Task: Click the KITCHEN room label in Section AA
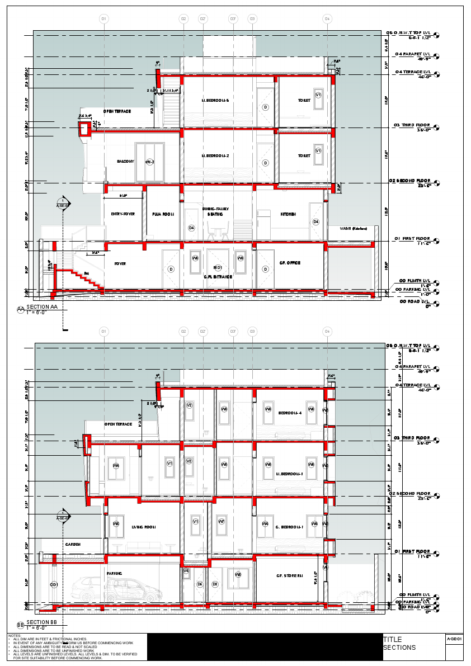288,214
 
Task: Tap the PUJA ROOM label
163,214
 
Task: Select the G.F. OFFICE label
290,263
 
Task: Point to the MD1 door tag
218,268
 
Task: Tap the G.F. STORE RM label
289,575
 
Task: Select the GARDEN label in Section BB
73,544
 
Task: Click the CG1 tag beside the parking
54,584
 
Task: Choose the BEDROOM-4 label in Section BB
290,413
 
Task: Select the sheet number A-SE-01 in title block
454,638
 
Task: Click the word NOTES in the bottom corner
15,636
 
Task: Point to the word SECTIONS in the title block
399,648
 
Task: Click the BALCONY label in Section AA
125,162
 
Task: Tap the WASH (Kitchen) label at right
353,228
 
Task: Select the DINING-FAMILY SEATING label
216,211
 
